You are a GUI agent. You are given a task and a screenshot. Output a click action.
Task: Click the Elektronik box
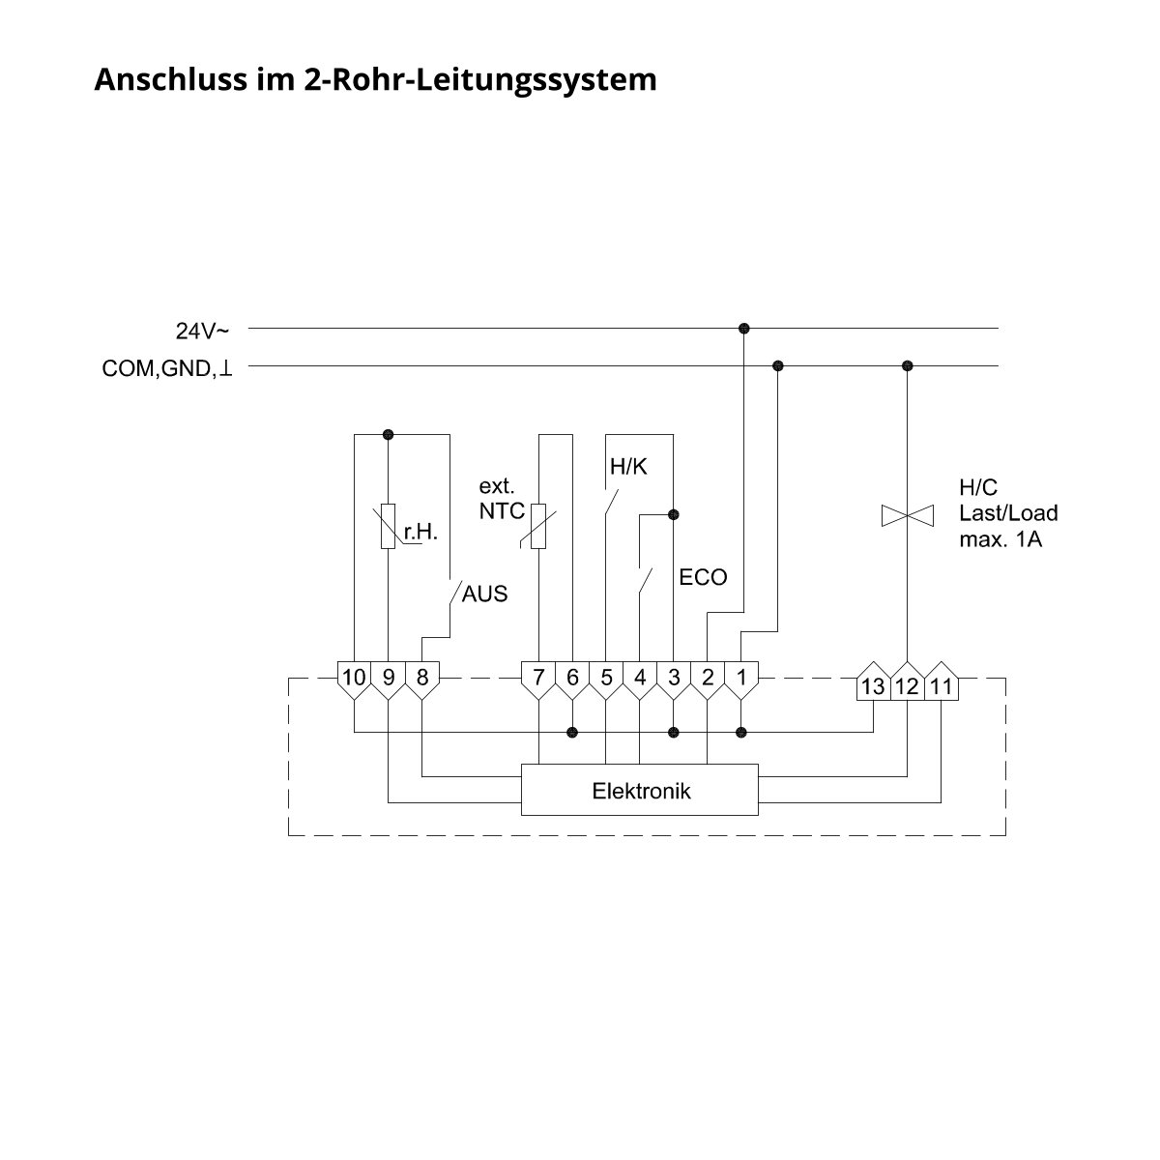pos(639,790)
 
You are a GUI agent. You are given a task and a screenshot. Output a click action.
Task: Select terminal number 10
pos(354,680)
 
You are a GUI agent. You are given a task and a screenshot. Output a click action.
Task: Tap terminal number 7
pos(538,680)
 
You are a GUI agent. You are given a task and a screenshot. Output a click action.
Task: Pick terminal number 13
pos(873,682)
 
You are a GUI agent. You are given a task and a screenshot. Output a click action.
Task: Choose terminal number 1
pos(741,680)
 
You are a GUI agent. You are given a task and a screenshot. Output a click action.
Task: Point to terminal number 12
pos(907,682)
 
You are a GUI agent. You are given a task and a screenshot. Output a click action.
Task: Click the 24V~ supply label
pos(202,331)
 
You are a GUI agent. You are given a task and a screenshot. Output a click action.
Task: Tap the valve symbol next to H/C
pos(907,515)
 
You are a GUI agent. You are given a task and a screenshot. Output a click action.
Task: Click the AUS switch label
pos(484,594)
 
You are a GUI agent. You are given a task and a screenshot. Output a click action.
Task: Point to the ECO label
pos(703,577)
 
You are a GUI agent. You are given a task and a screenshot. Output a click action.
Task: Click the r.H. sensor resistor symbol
pos(389,526)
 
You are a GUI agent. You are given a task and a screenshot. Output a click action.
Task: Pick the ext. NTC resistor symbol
pos(538,526)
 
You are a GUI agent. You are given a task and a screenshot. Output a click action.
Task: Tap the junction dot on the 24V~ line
pos(744,328)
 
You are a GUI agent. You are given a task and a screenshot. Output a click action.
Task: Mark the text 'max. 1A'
pos(1000,539)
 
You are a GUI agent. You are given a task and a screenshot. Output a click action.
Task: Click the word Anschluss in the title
pos(171,79)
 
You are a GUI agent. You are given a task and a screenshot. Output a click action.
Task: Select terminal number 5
pos(605,680)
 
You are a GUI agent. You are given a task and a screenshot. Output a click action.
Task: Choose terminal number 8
pos(422,680)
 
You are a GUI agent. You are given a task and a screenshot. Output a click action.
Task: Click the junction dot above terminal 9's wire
pos(389,434)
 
